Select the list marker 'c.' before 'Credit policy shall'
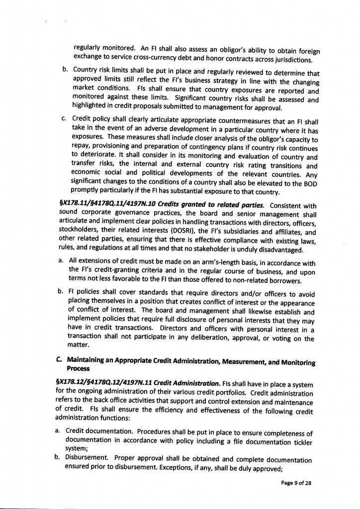(x=64, y=119)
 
